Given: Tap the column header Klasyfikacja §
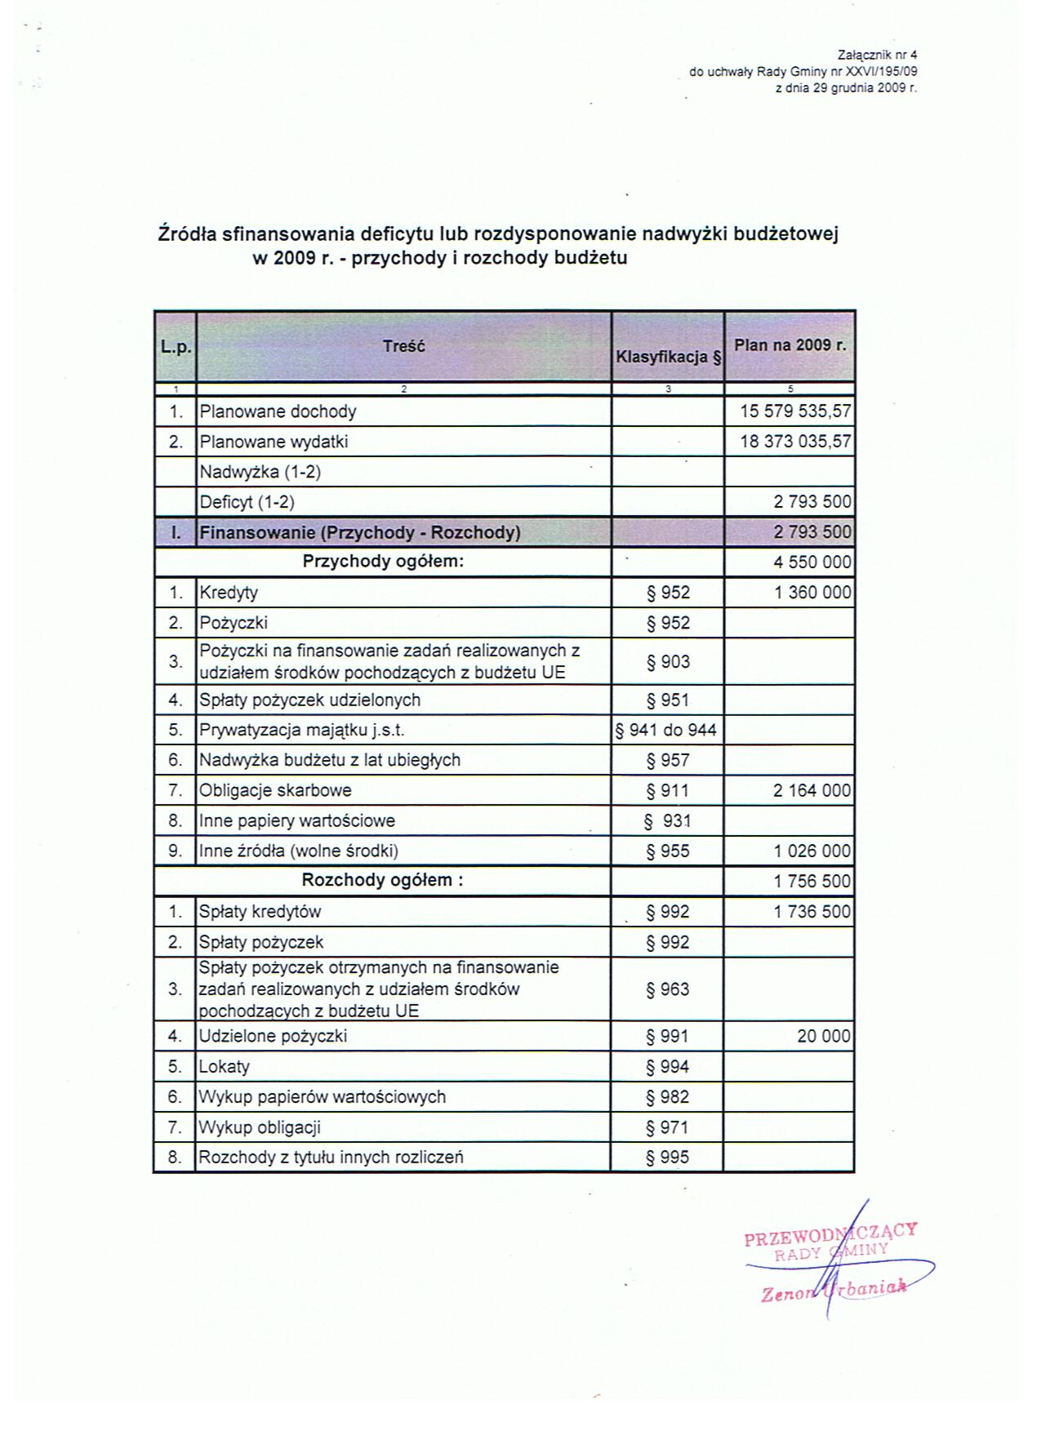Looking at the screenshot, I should pyautogui.click(x=669, y=357).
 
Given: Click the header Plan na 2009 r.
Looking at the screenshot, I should pyautogui.click(x=790, y=345).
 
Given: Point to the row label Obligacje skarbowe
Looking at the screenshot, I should pyautogui.click(x=275, y=790).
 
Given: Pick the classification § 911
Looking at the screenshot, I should pyautogui.click(x=668, y=790).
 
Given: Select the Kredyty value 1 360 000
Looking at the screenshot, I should pyautogui.click(x=812, y=593).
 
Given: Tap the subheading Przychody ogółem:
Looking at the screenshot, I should pyautogui.click(x=383, y=562).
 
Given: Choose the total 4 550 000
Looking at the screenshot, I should pyautogui.click(x=812, y=562).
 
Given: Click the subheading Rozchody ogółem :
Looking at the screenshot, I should pyautogui.click(x=383, y=880).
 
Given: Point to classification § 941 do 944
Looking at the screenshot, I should pyautogui.click(x=667, y=730).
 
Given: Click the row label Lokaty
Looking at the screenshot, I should pyautogui.click(x=225, y=1067).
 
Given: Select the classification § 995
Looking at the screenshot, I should pyautogui.click(x=668, y=1158).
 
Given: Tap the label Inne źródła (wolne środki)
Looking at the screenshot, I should pyautogui.click(x=299, y=851).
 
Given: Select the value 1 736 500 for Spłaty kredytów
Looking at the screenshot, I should pyautogui.click(x=812, y=912).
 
